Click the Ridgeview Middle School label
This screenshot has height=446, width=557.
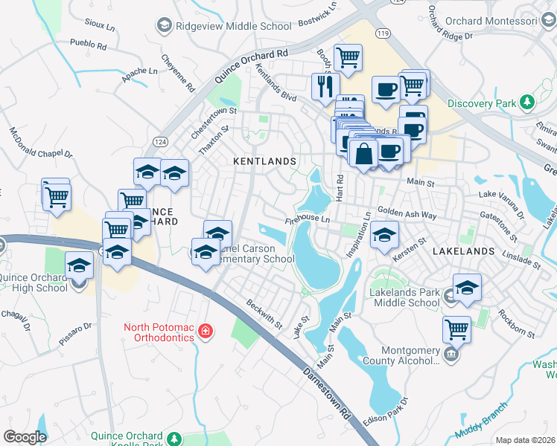click(234, 26)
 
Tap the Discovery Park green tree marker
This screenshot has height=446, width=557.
click(527, 100)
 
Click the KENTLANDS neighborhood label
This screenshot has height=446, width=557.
click(264, 161)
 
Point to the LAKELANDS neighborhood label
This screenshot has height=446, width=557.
click(464, 251)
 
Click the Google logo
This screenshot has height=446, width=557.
click(25, 437)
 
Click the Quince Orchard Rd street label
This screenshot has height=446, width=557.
click(251, 66)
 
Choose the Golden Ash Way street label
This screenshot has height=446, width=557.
click(407, 213)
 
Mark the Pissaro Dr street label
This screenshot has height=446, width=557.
click(75, 326)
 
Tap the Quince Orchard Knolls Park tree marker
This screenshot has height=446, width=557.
click(174, 439)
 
